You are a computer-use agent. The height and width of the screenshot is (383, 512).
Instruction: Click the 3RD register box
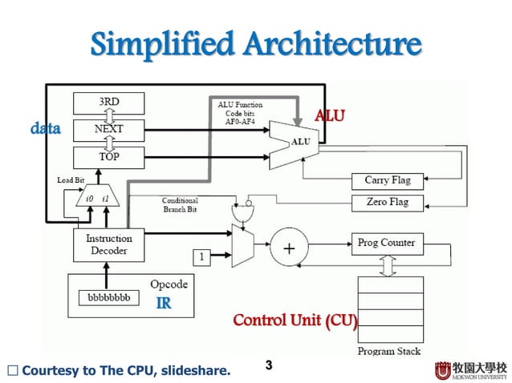coord(109,103)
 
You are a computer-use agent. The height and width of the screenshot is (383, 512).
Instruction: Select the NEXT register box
coord(109,129)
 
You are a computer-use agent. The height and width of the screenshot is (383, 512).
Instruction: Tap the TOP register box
coord(109,156)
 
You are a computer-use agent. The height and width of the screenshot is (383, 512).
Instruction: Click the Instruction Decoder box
coord(109,244)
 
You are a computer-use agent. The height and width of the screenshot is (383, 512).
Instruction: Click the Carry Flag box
coord(388,180)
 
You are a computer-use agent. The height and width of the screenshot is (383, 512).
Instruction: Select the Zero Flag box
coord(388,203)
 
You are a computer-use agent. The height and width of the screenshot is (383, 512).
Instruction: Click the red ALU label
coord(329,115)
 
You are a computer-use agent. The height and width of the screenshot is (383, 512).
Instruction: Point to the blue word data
coord(46,128)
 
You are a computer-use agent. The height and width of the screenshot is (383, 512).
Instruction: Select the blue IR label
coord(163,303)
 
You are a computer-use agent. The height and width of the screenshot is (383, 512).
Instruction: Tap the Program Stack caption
coord(388,351)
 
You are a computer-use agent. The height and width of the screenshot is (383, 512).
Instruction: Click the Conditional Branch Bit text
coord(180,205)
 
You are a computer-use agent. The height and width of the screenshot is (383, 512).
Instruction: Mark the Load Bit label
coord(71,179)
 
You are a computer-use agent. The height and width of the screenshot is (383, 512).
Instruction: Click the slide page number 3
coord(269,366)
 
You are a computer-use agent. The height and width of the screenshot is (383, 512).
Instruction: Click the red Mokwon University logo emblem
coord(443,371)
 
